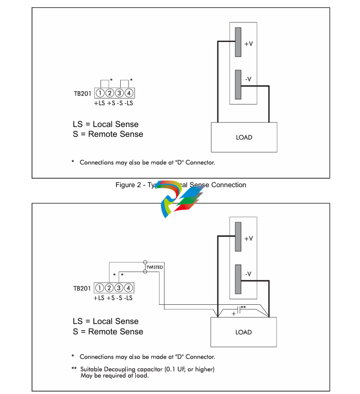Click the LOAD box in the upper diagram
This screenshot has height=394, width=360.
[x=243, y=137]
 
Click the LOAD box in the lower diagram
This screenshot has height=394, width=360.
[x=243, y=332]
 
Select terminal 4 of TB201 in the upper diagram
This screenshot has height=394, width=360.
[x=129, y=93]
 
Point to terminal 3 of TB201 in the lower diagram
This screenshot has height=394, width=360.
[x=119, y=288]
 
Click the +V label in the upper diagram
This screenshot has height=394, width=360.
[x=249, y=44]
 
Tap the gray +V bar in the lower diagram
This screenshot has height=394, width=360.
[x=238, y=237]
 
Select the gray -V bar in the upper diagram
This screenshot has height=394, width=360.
[x=238, y=85]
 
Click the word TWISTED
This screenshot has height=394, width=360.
[x=154, y=267]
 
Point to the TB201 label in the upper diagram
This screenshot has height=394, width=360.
[x=82, y=94]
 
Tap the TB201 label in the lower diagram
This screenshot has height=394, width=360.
[x=82, y=289]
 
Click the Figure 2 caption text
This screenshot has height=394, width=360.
[x=181, y=185]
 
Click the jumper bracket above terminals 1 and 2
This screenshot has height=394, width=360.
[x=105, y=83]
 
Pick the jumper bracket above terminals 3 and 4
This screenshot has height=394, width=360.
[x=124, y=83]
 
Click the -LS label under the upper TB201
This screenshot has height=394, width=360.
[x=128, y=103]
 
